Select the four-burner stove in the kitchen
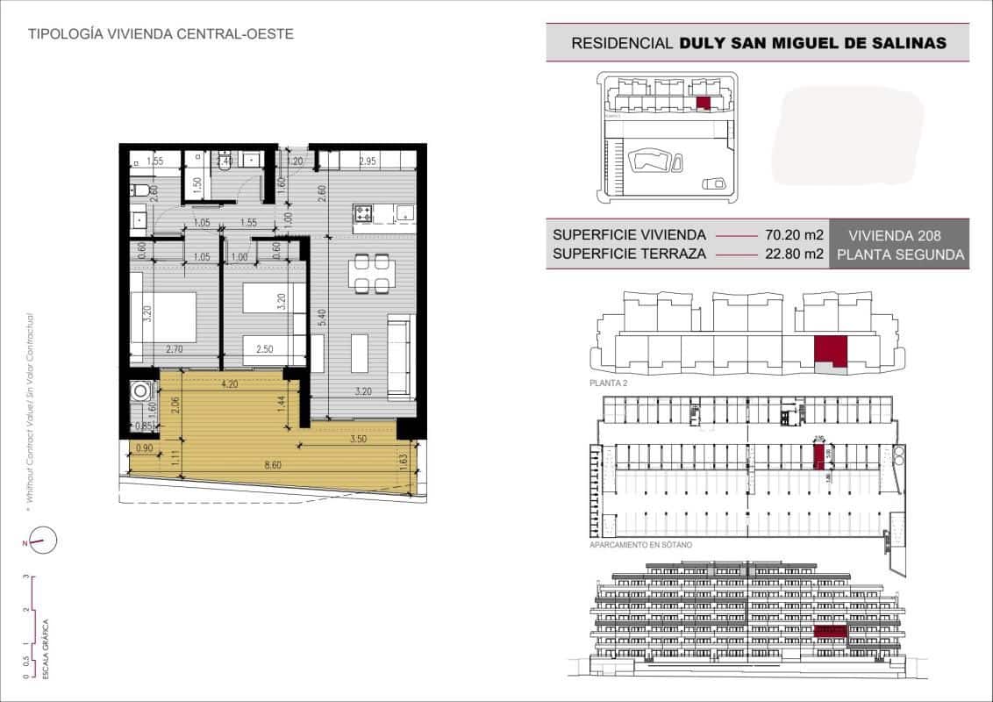coord(363,213)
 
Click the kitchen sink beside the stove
coord(404,213)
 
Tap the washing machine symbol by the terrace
coord(140,391)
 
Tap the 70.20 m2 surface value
coord(794,235)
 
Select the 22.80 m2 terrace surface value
coord(794,255)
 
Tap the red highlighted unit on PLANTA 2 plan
coord(830,351)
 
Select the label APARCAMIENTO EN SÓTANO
coord(641,546)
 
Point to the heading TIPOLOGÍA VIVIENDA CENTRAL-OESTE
coord(161,34)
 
